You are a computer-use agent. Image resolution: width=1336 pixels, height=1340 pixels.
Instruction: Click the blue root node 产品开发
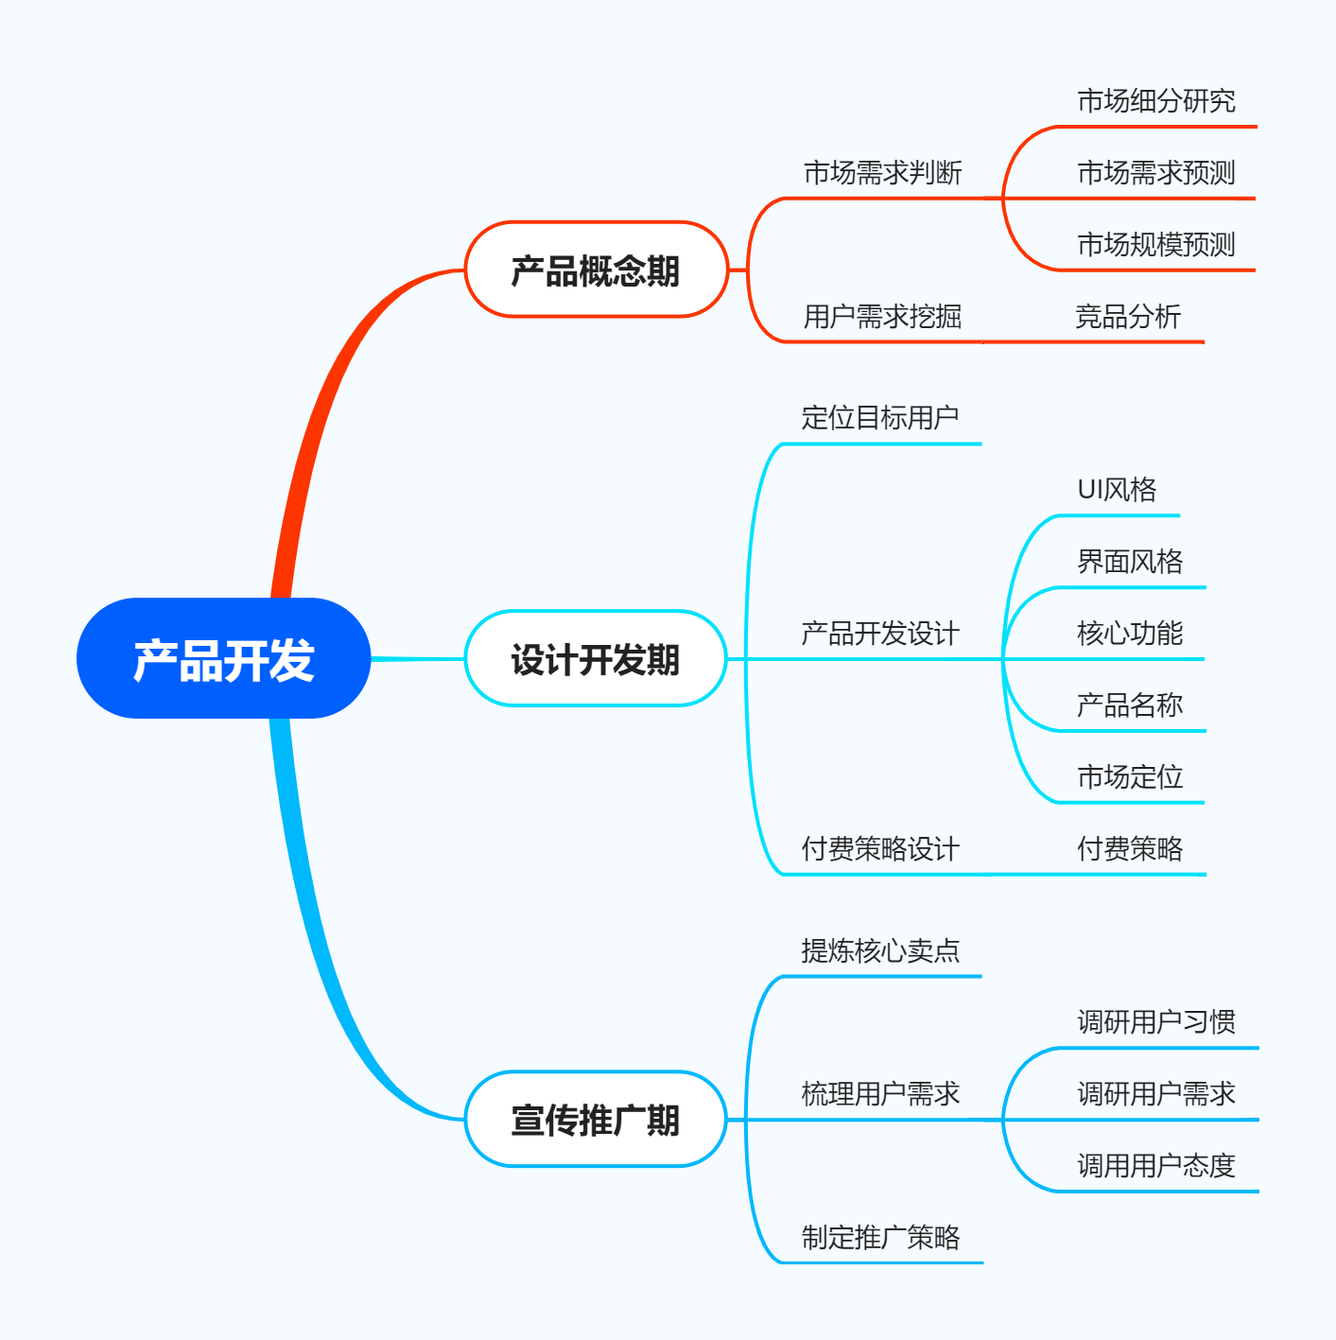pos(223,659)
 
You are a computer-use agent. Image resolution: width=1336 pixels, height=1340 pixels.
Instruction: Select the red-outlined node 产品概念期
pos(596,270)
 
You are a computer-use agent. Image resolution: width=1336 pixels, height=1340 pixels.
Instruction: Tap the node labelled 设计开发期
pos(596,659)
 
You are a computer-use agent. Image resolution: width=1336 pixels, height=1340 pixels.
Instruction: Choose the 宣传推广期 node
pos(596,1120)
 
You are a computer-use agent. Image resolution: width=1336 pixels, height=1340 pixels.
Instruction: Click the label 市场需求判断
pos(882,173)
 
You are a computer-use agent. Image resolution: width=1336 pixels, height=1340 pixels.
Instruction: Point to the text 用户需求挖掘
pos(882,317)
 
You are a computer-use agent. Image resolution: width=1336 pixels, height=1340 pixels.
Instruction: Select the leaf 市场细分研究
pos(1156,101)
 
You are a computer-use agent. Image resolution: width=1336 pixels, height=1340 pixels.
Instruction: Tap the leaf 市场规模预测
pos(1156,245)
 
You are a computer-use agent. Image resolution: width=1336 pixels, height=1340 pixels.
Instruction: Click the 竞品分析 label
pos(1128,317)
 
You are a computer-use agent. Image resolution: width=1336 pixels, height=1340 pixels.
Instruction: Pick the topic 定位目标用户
pos(880,418)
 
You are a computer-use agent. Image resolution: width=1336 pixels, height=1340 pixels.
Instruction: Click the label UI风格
pos(1117,490)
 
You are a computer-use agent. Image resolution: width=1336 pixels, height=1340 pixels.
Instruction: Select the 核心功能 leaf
pos(1130,634)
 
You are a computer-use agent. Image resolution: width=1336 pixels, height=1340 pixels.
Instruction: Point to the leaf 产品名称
pos(1130,705)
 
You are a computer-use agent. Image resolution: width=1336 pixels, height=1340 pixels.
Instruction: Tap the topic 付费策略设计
pos(880,849)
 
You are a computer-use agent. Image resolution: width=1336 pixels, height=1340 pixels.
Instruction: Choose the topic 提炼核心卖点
pos(880,951)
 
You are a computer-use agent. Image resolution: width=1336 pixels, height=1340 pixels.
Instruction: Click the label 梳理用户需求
pos(880,1094)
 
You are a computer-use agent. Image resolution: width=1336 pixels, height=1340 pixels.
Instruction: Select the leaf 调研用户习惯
pos(1156,1022)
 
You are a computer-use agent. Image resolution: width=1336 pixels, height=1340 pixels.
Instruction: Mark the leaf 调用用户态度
pos(1156,1166)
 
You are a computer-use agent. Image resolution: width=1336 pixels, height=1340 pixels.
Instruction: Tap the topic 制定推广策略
pos(880,1238)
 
